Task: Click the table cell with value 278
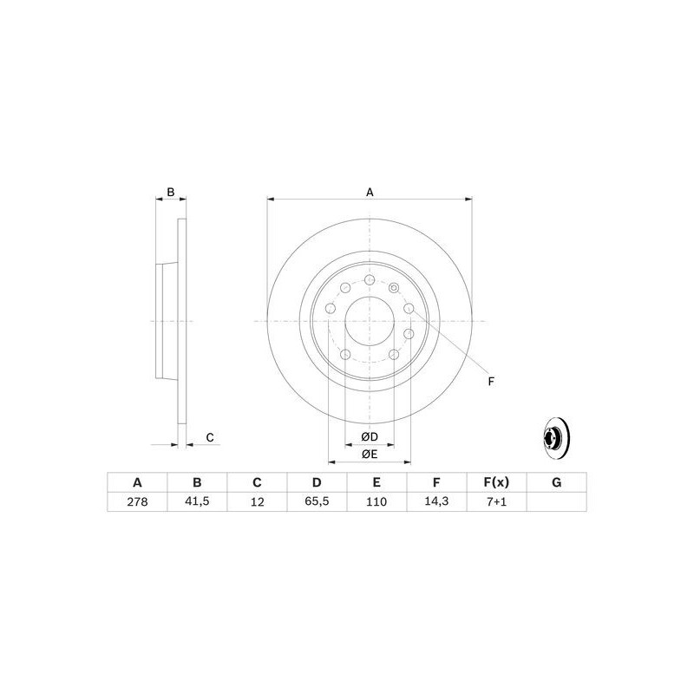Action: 136,502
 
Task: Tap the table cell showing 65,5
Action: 317,502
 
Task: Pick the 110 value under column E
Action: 376,502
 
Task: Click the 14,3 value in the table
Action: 436,502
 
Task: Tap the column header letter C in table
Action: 257,482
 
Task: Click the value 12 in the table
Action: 257,502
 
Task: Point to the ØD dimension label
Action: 370,435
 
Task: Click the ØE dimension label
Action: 370,454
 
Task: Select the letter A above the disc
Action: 370,192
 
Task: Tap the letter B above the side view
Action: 171,192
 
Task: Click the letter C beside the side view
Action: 209,437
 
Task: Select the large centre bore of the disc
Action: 370,321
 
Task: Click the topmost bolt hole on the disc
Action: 370,281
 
